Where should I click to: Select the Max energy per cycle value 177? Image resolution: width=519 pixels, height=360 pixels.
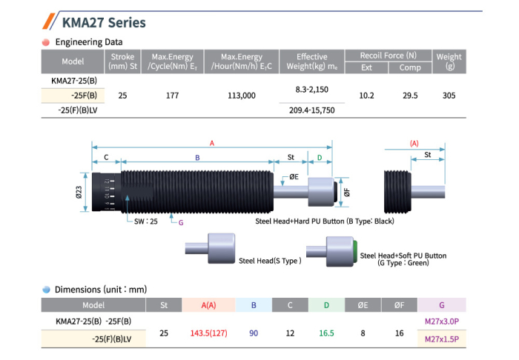(171, 96)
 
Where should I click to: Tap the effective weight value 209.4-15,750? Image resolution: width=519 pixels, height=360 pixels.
(311, 110)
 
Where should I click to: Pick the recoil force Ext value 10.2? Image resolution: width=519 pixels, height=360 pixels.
(366, 96)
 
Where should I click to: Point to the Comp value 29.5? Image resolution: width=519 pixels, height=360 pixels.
(410, 96)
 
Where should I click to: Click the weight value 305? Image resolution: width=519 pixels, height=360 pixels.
(449, 96)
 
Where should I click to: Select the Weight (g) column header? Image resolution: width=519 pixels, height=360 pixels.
(449, 61)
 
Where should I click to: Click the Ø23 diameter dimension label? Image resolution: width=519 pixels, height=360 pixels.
(79, 192)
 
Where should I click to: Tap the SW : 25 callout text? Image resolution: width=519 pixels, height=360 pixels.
(147, 221)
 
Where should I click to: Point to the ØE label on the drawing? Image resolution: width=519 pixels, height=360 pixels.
(294, 176)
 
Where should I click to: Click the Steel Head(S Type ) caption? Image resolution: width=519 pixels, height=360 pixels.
(270, 260)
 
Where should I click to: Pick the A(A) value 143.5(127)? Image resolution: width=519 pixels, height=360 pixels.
(208, 333)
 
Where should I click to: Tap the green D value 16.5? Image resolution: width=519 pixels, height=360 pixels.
(326, 333)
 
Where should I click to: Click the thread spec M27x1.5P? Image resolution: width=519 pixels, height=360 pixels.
(443, 339)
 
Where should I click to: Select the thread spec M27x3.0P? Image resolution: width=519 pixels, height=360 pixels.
(443, 321)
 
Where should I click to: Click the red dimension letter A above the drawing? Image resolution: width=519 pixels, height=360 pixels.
(212, 142)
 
